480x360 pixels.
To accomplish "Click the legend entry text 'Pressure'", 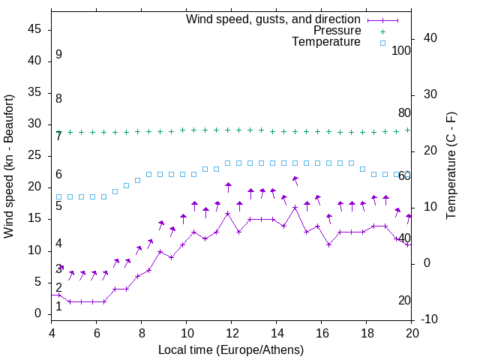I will coord(337,31).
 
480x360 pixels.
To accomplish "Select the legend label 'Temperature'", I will coord(326,42).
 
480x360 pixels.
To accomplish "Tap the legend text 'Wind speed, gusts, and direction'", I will coord(273,19).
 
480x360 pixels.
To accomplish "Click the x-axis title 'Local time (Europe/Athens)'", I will coord(231,349).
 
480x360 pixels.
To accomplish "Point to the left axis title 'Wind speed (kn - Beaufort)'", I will coord(9,166).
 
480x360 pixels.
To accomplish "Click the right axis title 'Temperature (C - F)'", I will coord(451,166).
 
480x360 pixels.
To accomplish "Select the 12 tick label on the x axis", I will coord(232,333).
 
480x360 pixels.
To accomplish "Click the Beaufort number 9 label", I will coord(58,55).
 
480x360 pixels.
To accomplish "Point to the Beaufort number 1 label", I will coord(58,306).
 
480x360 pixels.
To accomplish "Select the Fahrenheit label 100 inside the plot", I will coord(401,50).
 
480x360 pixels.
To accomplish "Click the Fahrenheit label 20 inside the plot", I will coord(404,300).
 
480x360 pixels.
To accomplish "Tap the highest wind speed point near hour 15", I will coord(295,207).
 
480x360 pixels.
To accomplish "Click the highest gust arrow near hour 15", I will coord(295,179).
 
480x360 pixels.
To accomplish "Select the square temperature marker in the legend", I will coord(382,43).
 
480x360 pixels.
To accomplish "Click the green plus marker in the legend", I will coord(382,31).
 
